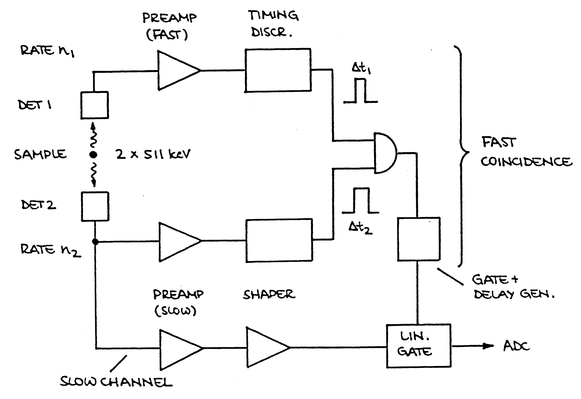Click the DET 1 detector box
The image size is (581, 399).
coord(95,105)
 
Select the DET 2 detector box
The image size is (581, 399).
coord(95,206)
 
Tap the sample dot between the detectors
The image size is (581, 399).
coord(93,155)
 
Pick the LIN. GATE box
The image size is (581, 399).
coord(418,346)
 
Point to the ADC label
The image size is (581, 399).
coord(516,346)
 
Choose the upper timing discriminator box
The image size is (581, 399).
coord(278,70)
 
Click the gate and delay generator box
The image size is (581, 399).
coord(419,239)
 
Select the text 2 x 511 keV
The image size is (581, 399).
coord(153,154)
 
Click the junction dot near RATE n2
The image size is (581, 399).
coord(95,241)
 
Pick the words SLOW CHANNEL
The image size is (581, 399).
coord(116,382)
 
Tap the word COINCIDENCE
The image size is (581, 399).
coord(527,162)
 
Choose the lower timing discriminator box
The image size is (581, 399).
coord(279,240)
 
